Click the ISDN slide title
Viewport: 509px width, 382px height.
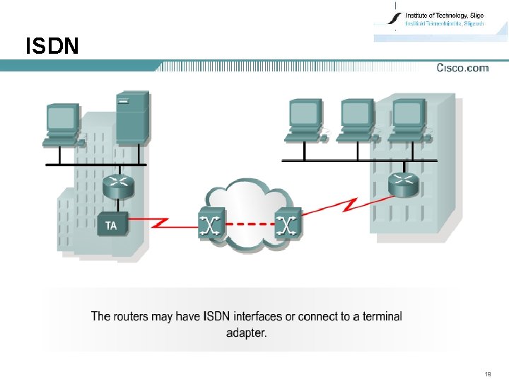point(52,47)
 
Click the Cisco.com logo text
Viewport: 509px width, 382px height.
point(462,68)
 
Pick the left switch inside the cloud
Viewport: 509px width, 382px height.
point(211,224)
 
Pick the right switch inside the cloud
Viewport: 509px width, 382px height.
point(286,224)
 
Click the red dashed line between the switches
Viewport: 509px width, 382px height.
point(249,226)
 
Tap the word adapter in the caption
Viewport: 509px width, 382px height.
point(247,333)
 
